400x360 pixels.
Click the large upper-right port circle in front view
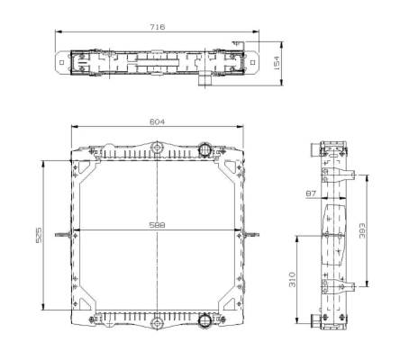[205, 148]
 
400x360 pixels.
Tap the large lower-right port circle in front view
[205, 319]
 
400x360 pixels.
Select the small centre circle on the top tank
[157, 148]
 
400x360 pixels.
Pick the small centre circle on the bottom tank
[157, 320]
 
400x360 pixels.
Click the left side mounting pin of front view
[61, 236]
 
